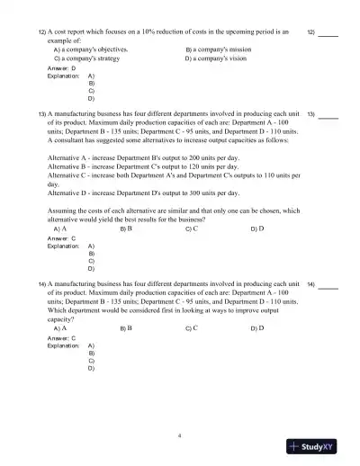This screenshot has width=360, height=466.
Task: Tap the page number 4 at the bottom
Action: [180, 435]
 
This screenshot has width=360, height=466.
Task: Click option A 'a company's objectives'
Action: [90, 49]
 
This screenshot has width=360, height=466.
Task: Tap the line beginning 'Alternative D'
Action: [135, 193]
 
